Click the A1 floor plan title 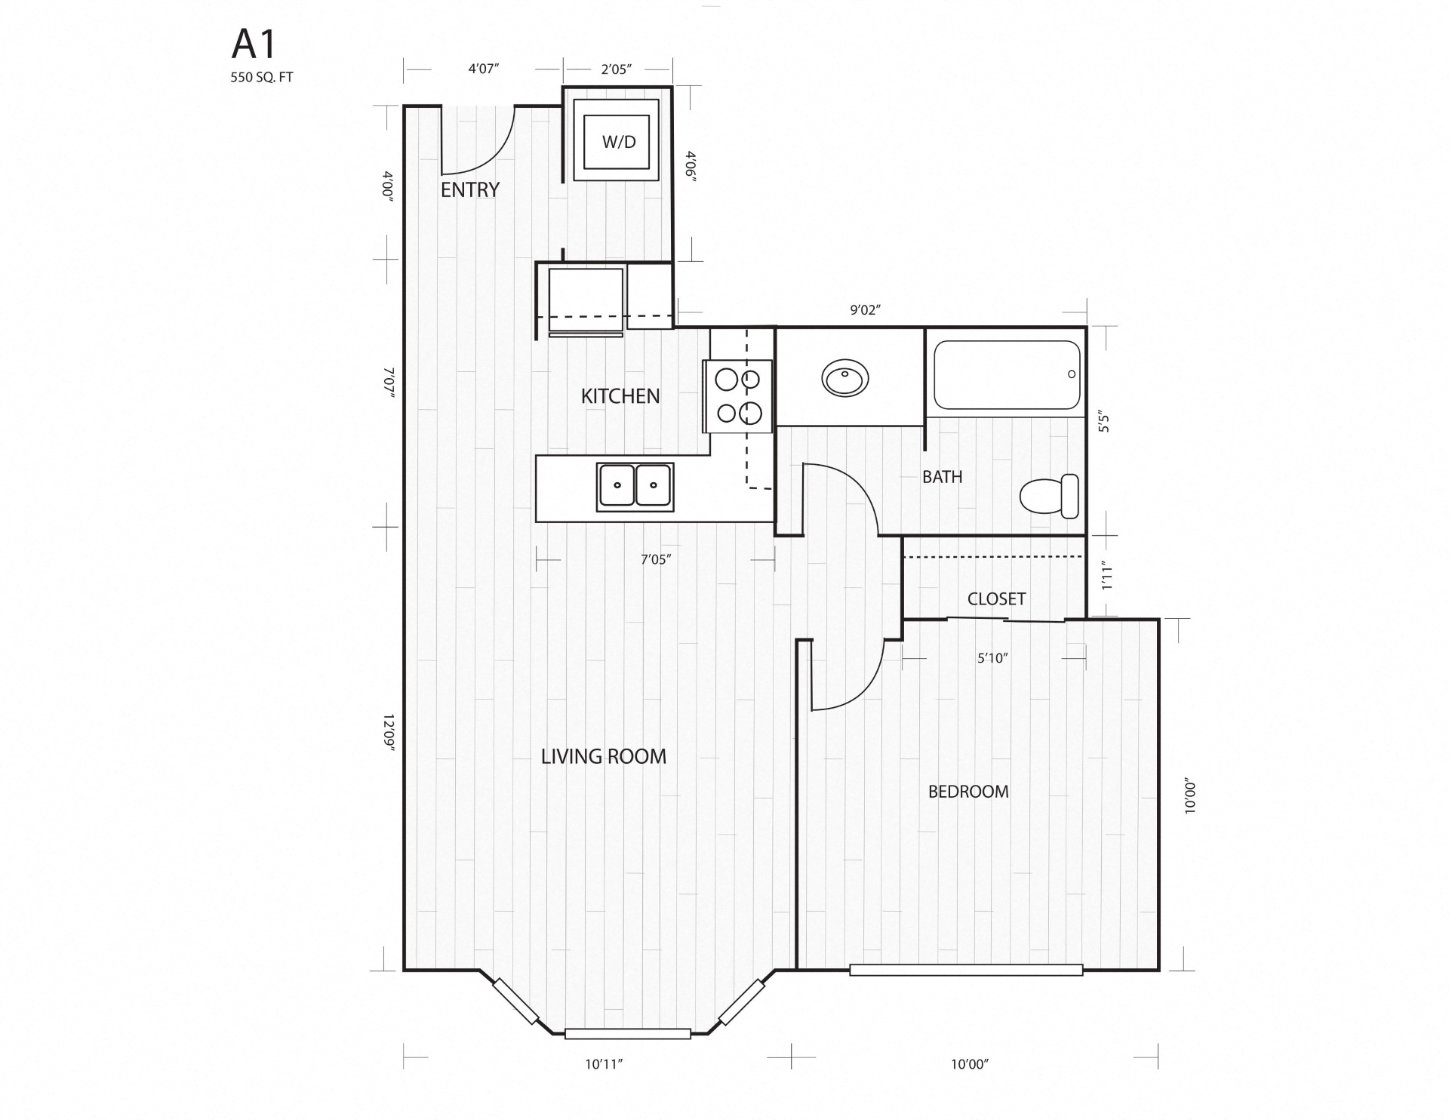[254, 46]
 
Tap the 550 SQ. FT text [262, 78]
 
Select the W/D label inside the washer [618, 142]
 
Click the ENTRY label [470, 190]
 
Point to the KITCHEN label [620, 396]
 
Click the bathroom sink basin [845, 378]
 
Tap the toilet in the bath [1050, 496]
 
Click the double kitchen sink [635, 485]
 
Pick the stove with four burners [738, 396]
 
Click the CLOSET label [996, 599]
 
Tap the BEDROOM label [968, 792]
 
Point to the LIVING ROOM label [604, 756]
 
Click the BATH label [942, 477]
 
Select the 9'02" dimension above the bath [866, 310]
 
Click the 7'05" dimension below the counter [656, 560]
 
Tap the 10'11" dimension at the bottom [604, 1065]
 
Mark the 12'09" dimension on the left [389, 731]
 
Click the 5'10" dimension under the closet [992, 658]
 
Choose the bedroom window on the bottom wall [966, 970]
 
